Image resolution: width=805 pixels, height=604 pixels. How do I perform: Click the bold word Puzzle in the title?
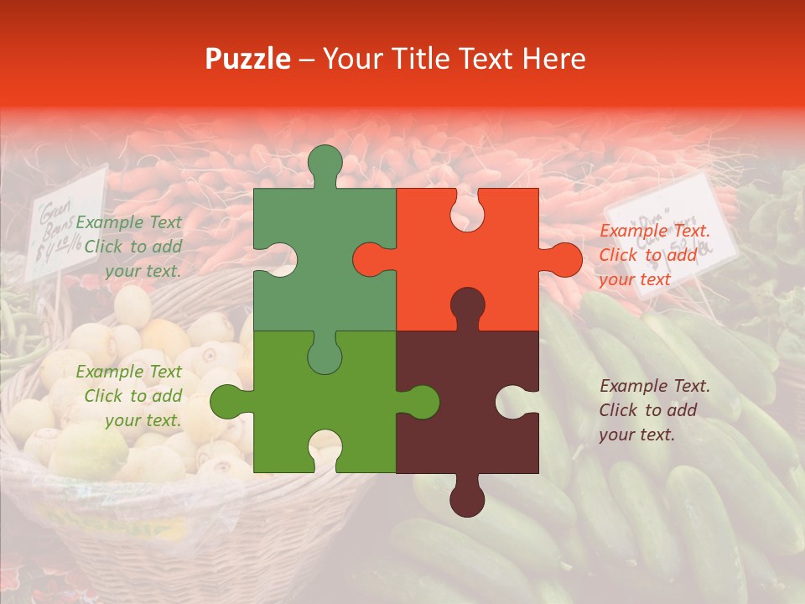click(x=248, y=59)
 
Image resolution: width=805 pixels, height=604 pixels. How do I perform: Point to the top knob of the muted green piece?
click(x=325, y=164)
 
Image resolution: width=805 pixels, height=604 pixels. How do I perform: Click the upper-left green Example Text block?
click(x=129, y=247)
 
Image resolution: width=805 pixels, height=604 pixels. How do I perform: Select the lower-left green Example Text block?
click(x=129, y=396)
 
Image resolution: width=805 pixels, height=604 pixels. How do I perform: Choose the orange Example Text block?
click(x=655, y=255)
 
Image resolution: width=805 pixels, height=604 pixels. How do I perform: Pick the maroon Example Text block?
click(x=655, y=410)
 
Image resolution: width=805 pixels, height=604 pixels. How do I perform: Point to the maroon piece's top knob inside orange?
click(x=468, y=305)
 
